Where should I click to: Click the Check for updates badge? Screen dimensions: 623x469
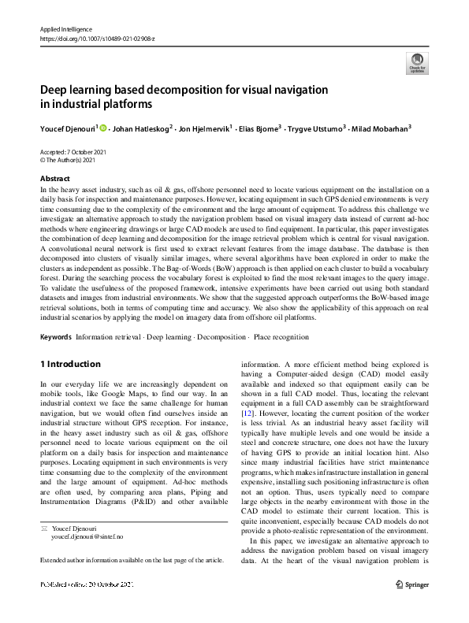pyautogui.click(x=415, y=62)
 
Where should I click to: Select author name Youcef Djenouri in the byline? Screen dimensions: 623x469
pyautogui.click(x=67, y=128)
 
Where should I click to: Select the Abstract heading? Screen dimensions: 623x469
pyautogui.click(x=54, y=179)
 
